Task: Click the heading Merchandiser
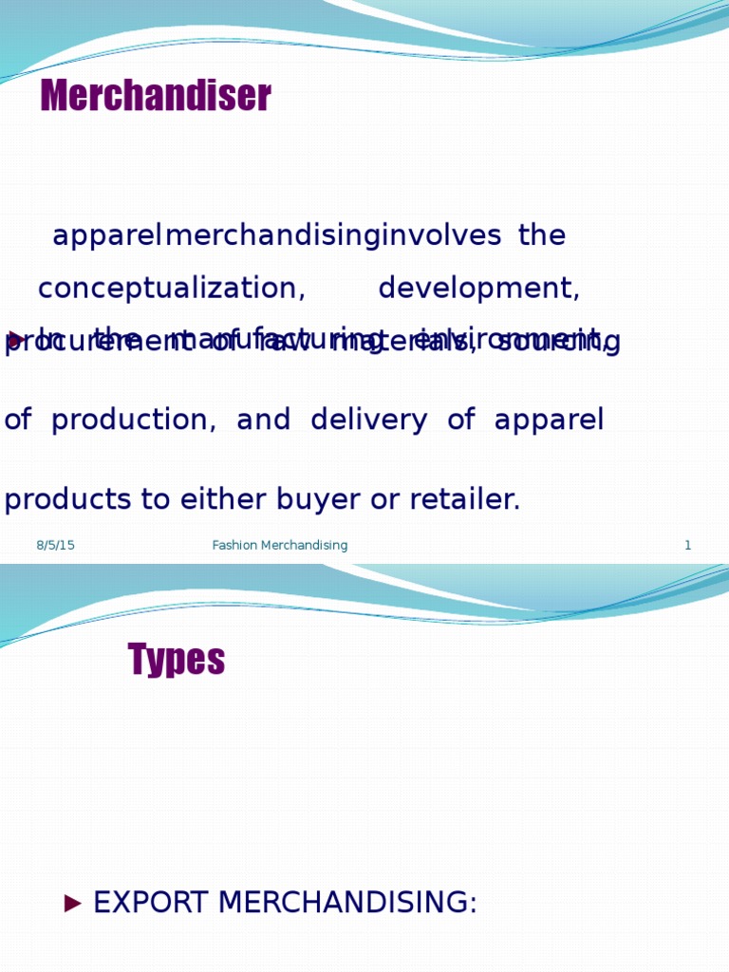156,96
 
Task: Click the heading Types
177,660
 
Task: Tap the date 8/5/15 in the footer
55,546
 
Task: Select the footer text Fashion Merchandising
280,546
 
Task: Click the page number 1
687,546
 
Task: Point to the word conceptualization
172,289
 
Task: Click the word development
478,289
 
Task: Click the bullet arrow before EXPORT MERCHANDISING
73,904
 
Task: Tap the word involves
440,236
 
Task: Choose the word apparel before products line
549,421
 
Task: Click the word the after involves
542,236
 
